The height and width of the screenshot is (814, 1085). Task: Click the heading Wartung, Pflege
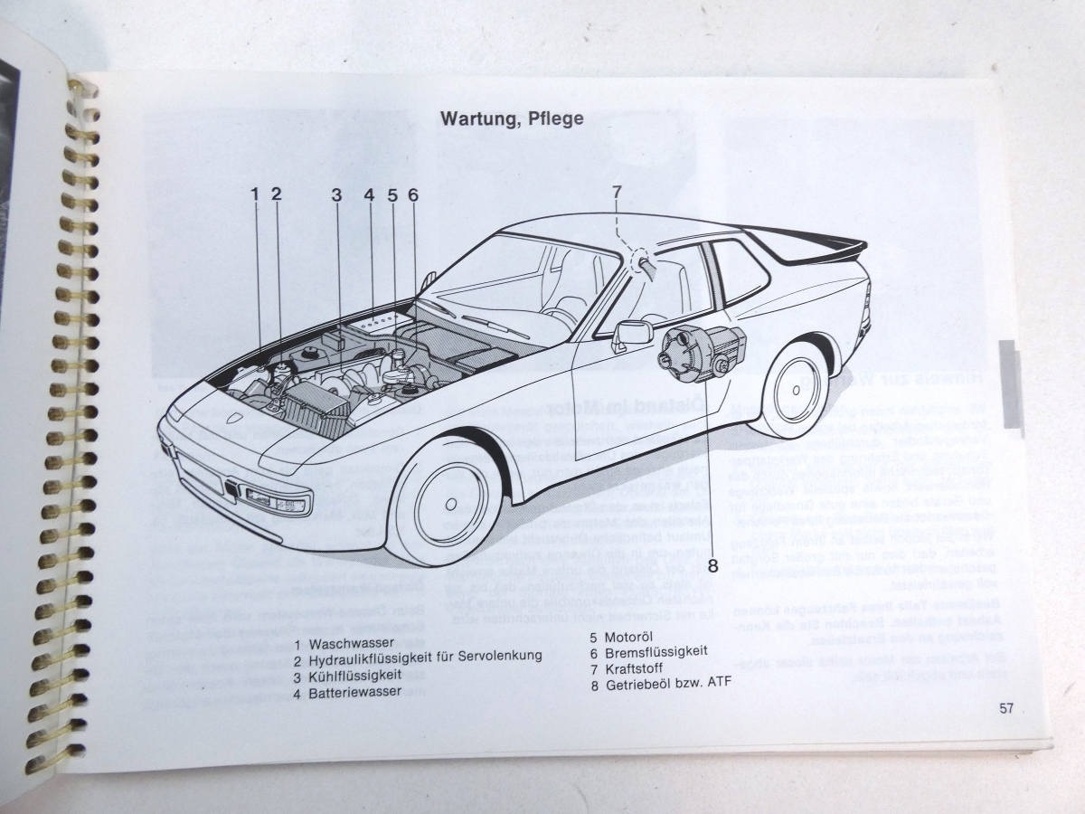click(x=511, y=118)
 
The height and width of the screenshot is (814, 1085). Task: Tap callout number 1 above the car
click(x=255, y=193)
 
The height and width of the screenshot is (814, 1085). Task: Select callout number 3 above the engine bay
click(x=336, y=194)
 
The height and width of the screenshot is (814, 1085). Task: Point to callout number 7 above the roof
click(x=616, y=191)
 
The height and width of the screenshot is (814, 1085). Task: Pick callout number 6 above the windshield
click(x=413, y=194)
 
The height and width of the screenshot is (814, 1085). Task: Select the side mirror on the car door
click(x=633, y=331)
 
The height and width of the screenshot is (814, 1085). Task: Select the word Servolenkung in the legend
click(x=499, y=660)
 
